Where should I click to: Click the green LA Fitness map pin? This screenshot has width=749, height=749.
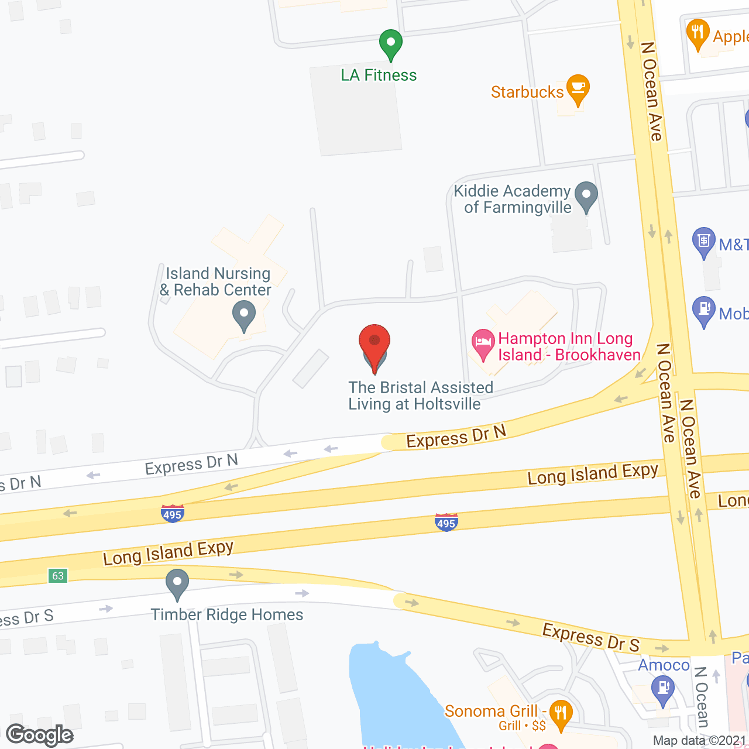390,43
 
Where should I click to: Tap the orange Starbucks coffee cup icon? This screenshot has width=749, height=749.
578,88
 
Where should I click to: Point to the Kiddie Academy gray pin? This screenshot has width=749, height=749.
586,195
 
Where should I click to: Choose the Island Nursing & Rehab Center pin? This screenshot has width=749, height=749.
244,314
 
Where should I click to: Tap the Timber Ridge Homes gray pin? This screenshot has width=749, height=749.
177,583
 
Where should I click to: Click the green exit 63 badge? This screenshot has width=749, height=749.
58,576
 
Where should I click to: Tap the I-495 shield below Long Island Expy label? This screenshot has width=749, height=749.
446,523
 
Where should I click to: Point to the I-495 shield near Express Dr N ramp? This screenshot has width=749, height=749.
172,514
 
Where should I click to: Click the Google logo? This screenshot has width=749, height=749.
40,735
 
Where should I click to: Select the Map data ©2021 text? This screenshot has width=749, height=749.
700,741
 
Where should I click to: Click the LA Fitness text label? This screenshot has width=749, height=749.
379,75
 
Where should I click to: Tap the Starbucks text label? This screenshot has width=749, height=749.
527,92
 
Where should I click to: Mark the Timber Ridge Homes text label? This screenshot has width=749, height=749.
227,614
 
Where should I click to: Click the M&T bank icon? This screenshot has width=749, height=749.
703,241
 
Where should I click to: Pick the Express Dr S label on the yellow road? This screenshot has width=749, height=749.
591,637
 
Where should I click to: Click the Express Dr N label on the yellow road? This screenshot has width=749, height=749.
456,437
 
